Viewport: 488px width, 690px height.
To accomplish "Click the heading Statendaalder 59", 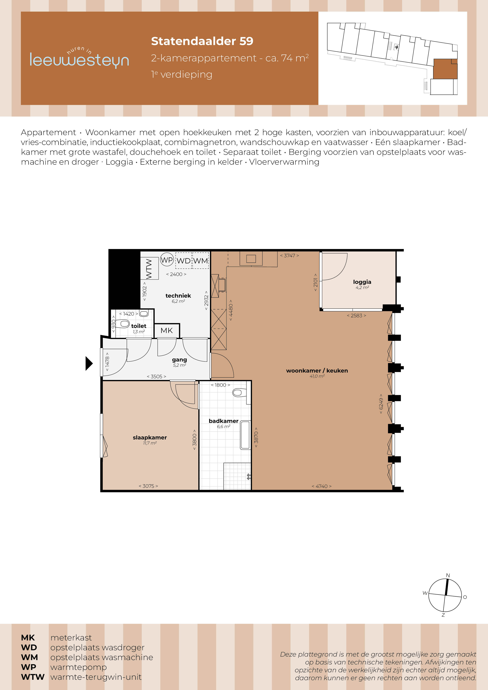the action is pos(202,41).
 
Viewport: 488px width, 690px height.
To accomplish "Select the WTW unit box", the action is pos(149,268).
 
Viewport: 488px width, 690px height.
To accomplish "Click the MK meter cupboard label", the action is pos(167,331).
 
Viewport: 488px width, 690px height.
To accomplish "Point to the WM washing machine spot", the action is pos(201,261).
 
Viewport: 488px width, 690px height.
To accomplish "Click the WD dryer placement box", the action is pos(183,261).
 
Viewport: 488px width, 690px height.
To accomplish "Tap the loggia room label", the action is pos(362,282).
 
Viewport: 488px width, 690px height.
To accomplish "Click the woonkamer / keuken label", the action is pos(317,371).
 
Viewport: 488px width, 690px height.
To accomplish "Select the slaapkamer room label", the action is pos(150,438).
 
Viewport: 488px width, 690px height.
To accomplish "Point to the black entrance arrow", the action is pos(89,363).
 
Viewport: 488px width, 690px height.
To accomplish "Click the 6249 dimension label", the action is pos(381,404).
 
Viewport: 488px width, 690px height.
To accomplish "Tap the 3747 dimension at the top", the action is pos(289,256).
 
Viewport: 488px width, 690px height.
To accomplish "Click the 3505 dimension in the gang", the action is pos(156,376).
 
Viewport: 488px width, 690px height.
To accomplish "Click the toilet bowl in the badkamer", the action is pos(239,392).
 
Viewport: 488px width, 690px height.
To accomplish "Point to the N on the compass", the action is pos(448,575).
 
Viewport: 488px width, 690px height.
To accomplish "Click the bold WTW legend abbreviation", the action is pos(32,677).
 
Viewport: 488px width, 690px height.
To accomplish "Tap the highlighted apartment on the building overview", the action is pos(445,69).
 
